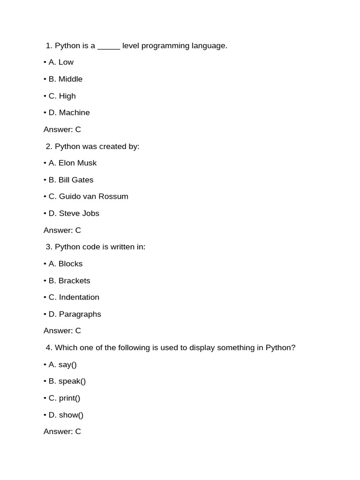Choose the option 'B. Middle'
coord(65,79)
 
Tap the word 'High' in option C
coord(67,96)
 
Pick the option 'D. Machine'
coord(69,112)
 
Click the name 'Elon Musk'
coord(77,163)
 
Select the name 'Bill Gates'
coord(76,180)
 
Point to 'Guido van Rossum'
coord(93,196)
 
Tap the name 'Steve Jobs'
coord(79,213)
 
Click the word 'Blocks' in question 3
coord(70,264)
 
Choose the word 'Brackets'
coord(75,281)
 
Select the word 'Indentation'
coord(79,297)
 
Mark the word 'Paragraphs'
coord(80,314)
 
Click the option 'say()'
coord(67,365)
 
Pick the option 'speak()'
coord(72,381)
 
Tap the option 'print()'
coord(70,398)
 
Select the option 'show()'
coord(71,415)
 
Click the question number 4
coord(49,348)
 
